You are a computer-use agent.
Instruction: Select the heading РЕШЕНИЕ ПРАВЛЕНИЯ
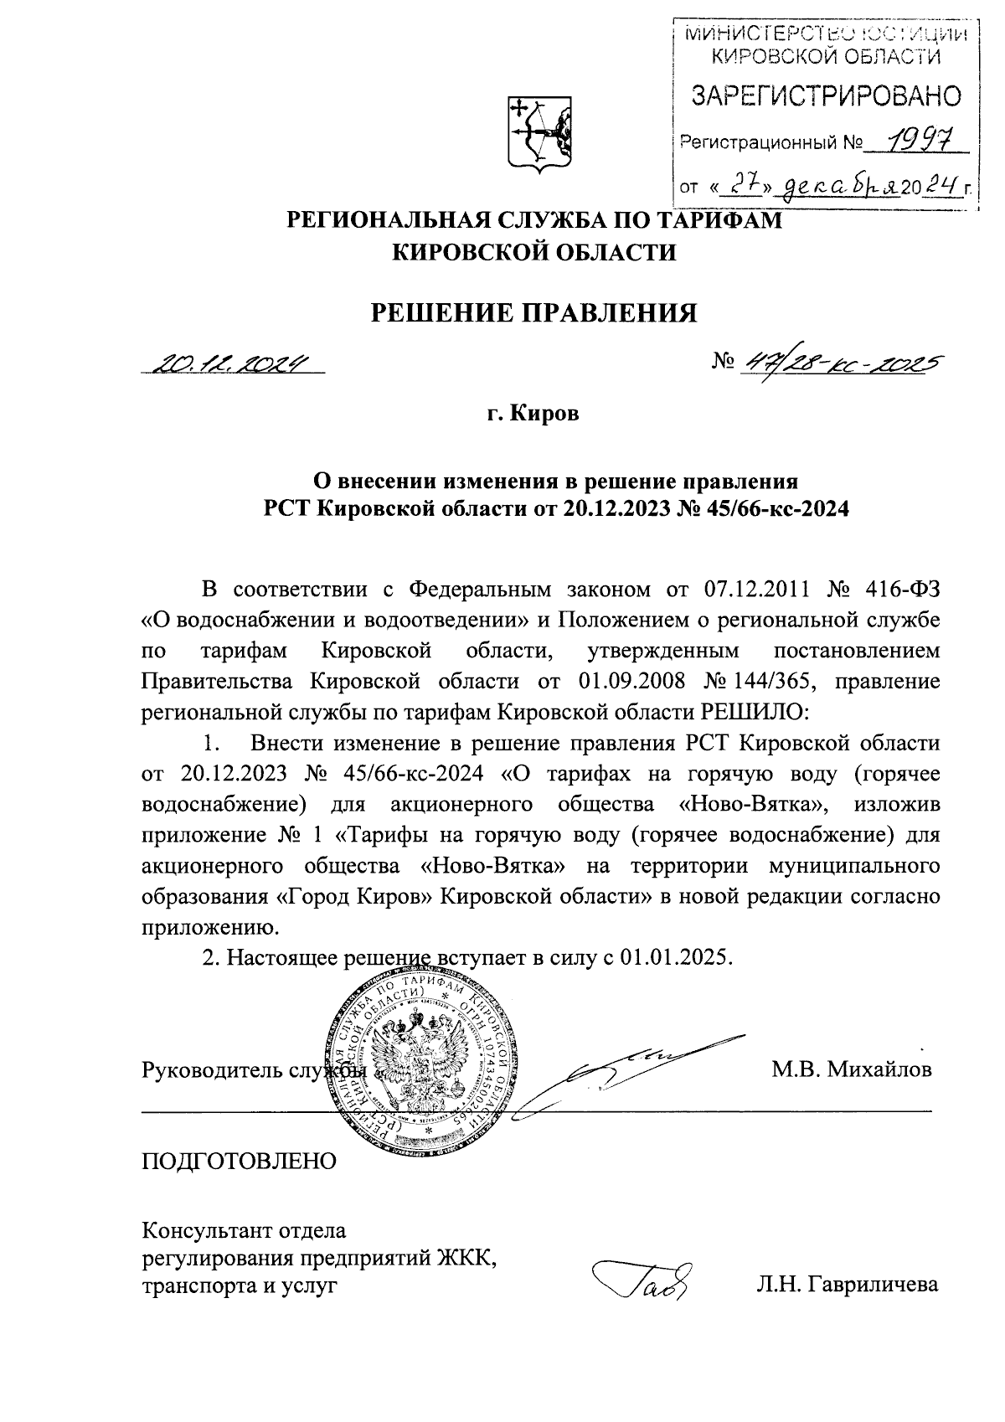[534, 312]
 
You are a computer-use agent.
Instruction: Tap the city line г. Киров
[534, 415]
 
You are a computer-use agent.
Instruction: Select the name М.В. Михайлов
[851, 1069]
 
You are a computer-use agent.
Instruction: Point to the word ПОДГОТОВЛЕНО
[240, 1162]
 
